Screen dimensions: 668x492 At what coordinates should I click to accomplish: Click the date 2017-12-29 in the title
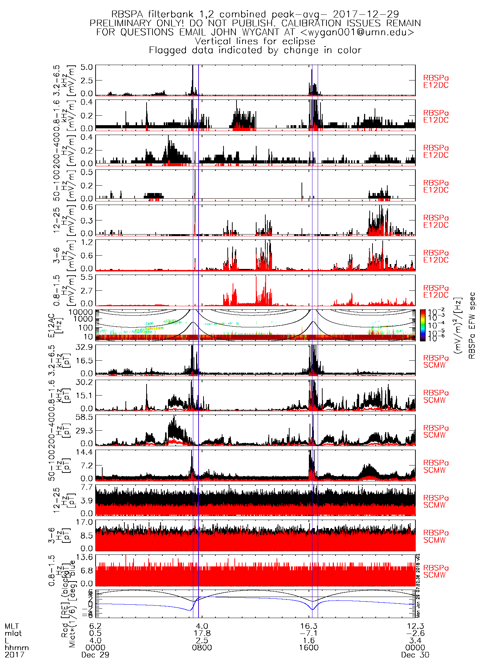click(365, 14)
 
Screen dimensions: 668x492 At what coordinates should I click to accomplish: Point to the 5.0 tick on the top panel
click(86, 67)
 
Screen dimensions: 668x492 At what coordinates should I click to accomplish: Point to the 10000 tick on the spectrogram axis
click(80, 312)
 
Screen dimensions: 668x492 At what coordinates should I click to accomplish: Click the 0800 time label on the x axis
click(202, 648)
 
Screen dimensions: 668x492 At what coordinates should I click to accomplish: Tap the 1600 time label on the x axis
click(309, 648)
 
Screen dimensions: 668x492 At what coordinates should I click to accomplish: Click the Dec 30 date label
click(415, 655)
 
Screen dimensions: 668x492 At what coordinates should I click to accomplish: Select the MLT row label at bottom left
click(12, 627)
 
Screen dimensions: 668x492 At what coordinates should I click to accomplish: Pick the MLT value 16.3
click(309, 627)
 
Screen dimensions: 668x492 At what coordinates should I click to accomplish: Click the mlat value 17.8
click(202, 634)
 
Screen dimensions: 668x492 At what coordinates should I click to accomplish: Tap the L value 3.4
click(415, 641)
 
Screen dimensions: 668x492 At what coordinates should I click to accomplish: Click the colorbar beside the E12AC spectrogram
click(423, 325)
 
